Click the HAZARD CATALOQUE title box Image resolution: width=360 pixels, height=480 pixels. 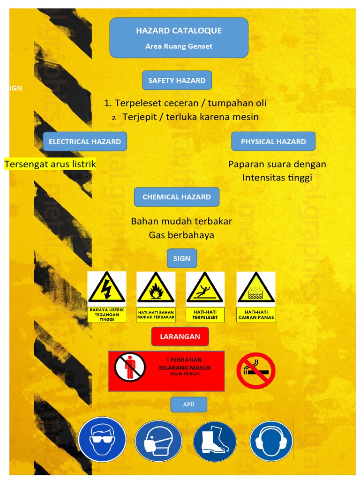[179, 37]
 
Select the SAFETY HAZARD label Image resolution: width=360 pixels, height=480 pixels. [177, 80]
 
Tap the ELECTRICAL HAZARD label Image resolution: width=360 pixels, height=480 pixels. [85, 142]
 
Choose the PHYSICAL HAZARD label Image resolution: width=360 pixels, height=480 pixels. [273, 142]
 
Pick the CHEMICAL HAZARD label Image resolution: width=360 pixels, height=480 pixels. [177, 197]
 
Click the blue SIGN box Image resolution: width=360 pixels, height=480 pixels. [182, 258]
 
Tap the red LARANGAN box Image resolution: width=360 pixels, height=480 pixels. [180, 337]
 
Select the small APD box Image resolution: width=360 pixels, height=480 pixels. [188, 404]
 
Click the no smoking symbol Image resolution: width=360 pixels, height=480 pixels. [255, 371]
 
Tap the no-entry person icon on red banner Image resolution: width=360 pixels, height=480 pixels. [130, 367]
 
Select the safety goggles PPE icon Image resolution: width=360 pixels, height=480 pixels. [102, 441]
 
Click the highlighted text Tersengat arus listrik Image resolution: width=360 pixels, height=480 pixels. [50, 164]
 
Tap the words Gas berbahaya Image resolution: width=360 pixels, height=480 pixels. [181, 235]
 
